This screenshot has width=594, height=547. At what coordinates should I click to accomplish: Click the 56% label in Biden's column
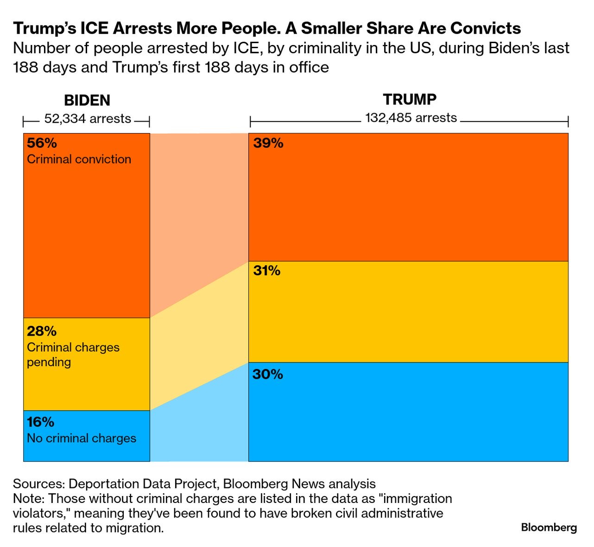42,143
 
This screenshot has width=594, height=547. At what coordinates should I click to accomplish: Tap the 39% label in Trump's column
268,143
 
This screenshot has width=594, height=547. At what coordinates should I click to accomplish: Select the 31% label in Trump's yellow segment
266,271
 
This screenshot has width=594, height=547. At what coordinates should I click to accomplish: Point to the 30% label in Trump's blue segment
268,374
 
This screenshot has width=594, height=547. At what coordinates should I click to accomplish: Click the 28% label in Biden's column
42,331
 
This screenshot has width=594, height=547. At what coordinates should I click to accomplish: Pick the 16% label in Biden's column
41,422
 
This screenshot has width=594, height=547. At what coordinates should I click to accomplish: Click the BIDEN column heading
87,100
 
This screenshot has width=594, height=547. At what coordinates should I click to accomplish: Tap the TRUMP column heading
410,99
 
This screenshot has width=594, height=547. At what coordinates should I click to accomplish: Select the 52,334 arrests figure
88,119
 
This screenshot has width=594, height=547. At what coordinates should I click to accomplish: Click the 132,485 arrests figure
411,118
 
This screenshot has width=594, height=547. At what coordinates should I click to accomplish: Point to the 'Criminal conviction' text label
79,159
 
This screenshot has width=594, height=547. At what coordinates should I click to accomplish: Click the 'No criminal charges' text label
82,438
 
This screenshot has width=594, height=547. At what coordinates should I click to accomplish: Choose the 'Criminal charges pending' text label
73,355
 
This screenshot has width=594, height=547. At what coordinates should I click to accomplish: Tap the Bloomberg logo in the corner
549,528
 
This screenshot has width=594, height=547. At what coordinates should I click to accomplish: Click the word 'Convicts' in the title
485,28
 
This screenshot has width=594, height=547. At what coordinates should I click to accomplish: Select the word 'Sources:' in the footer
39,484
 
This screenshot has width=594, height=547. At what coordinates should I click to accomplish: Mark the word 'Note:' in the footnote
29,498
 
